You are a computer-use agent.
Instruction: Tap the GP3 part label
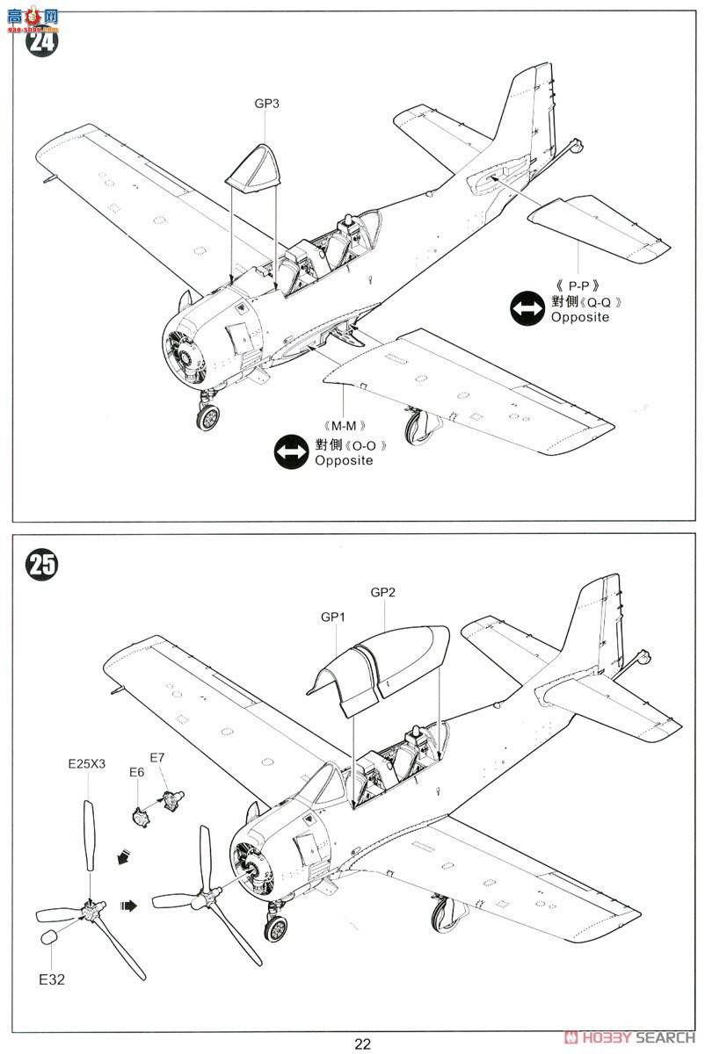coord(267,104)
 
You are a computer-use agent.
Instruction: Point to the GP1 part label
coord(332,617)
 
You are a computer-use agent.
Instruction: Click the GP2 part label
coord(383,592)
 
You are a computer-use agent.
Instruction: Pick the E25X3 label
coord(86,763)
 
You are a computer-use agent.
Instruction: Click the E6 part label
coord(136,772)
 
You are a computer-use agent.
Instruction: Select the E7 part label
coord(158,757)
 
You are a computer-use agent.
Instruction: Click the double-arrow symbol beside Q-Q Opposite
coord(527,308)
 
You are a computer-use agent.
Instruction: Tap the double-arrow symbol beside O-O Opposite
coord(291,451)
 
